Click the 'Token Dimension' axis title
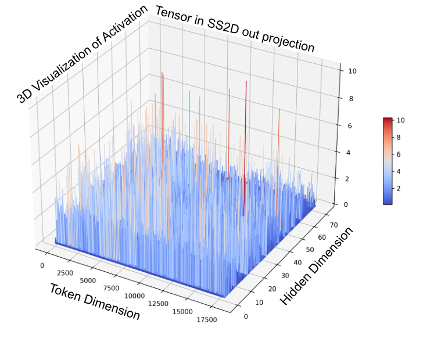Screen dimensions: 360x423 (x=95, y=301)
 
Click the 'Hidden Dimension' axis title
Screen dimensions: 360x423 (x=317, y=265)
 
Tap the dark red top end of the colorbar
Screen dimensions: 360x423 (x=388, y=120)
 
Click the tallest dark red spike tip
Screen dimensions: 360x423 (x=246, y=82)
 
